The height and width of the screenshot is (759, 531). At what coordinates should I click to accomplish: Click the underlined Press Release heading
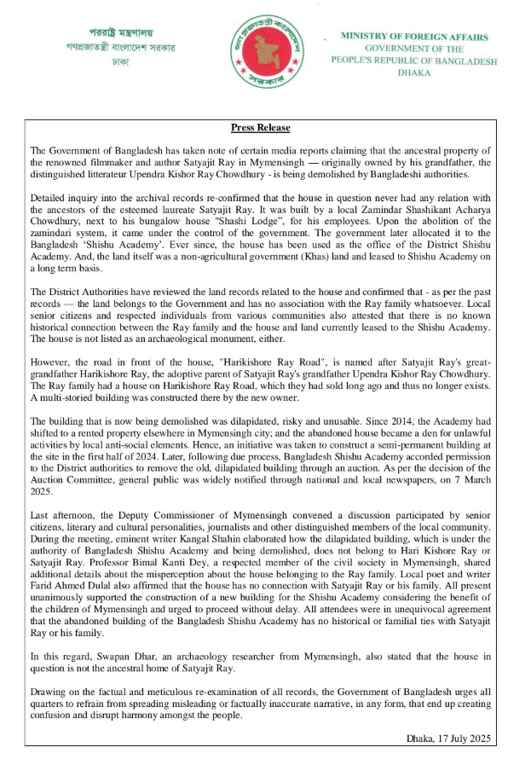tap(261, 128)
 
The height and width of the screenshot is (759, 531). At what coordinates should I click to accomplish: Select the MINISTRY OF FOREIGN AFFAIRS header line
tap(414, 38)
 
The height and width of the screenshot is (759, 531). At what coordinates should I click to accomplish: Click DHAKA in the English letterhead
tap(414, 73)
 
